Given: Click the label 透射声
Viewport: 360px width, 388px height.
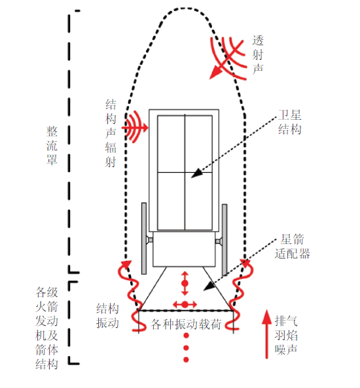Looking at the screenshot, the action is coord(258,54).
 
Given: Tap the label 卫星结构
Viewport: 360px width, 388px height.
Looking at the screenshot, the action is coord(290,122).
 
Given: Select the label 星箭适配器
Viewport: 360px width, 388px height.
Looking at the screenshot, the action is coord(292,246).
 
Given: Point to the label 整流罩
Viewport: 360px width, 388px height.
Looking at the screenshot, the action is coord(52,145).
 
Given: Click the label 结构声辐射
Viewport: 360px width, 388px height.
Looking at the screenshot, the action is coord(111,133).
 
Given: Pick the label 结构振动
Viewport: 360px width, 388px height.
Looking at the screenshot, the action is coord(107,315).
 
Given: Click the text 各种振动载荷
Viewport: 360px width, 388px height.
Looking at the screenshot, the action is coord(186,324).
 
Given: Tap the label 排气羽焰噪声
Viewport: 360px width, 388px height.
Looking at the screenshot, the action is coord(286,335).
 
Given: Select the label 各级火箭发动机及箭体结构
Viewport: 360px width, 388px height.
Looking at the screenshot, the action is coord(46,328).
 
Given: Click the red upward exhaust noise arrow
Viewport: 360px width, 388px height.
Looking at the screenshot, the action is coord(267,334).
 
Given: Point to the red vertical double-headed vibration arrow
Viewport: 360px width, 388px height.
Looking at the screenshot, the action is coord(185,283).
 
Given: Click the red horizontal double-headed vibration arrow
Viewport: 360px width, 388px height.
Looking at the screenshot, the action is coord(185,304).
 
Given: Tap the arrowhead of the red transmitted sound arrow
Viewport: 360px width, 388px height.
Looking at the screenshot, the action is coord(215,73).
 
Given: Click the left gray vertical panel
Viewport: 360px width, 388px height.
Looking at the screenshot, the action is coord(144,238).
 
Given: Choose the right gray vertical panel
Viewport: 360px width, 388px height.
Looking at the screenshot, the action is coord(225,239).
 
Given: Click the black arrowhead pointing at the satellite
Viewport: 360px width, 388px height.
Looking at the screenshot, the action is coord(197,173).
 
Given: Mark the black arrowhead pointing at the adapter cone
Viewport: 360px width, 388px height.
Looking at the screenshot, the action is coord(209,287).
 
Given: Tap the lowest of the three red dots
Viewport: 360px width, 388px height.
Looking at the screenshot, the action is coord(186,359).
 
